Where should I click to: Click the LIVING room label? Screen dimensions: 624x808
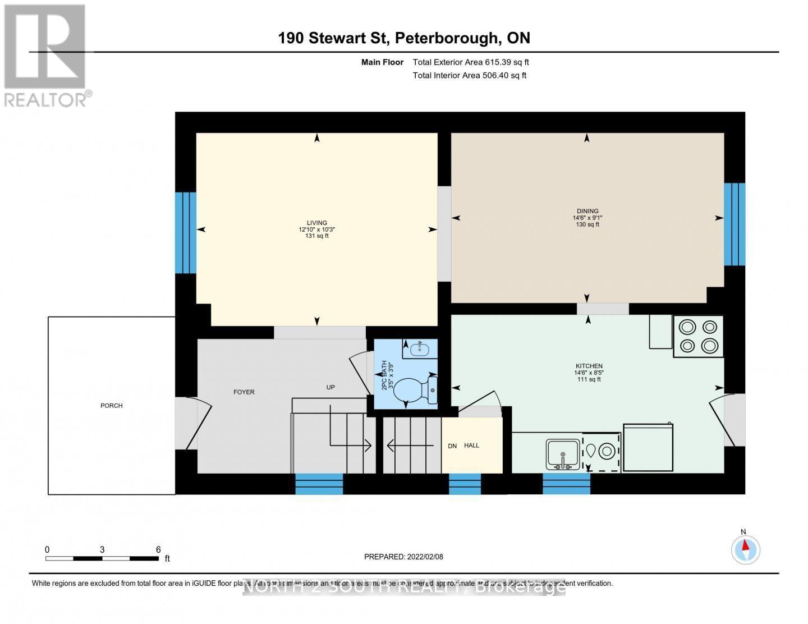[317, 223]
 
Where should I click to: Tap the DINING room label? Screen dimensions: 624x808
[587, 211]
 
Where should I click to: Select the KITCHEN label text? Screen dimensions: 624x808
[588, 366]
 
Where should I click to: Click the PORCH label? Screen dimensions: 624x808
[111, 406]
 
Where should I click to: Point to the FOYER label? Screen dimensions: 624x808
[244, 392]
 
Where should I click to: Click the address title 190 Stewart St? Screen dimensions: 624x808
[404, 38]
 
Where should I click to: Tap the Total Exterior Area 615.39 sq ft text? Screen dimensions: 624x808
[471, 62]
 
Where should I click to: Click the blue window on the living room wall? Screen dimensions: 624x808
[185, 233]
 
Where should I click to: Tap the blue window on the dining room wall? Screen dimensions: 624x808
[734, 224]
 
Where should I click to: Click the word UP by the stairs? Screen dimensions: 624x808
[330, 387]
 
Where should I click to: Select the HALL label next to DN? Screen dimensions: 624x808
[471, 445]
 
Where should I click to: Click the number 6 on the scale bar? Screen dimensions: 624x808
[158, 550]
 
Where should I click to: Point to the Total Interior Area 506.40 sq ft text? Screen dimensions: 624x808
[470, 75]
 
